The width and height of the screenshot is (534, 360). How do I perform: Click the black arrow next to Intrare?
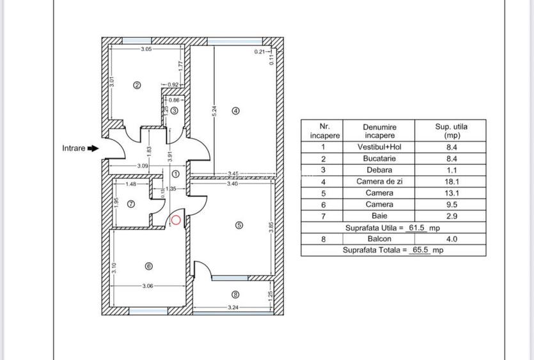pos(93,148)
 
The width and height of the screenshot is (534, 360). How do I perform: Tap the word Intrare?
pos(74,148)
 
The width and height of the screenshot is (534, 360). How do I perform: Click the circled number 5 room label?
pos(239,225)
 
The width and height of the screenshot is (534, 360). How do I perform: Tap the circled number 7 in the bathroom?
pos(131,205)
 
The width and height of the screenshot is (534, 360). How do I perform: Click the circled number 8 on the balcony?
pos(235,295)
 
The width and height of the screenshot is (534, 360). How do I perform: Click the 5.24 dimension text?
pos(214,110)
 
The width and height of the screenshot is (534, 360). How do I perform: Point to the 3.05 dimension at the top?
pos(146,49)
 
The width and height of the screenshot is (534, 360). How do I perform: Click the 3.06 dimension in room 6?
pos(148,286)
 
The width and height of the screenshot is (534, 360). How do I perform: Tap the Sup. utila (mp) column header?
pos(451,131)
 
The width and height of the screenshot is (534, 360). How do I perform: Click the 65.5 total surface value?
pos(420,250)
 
